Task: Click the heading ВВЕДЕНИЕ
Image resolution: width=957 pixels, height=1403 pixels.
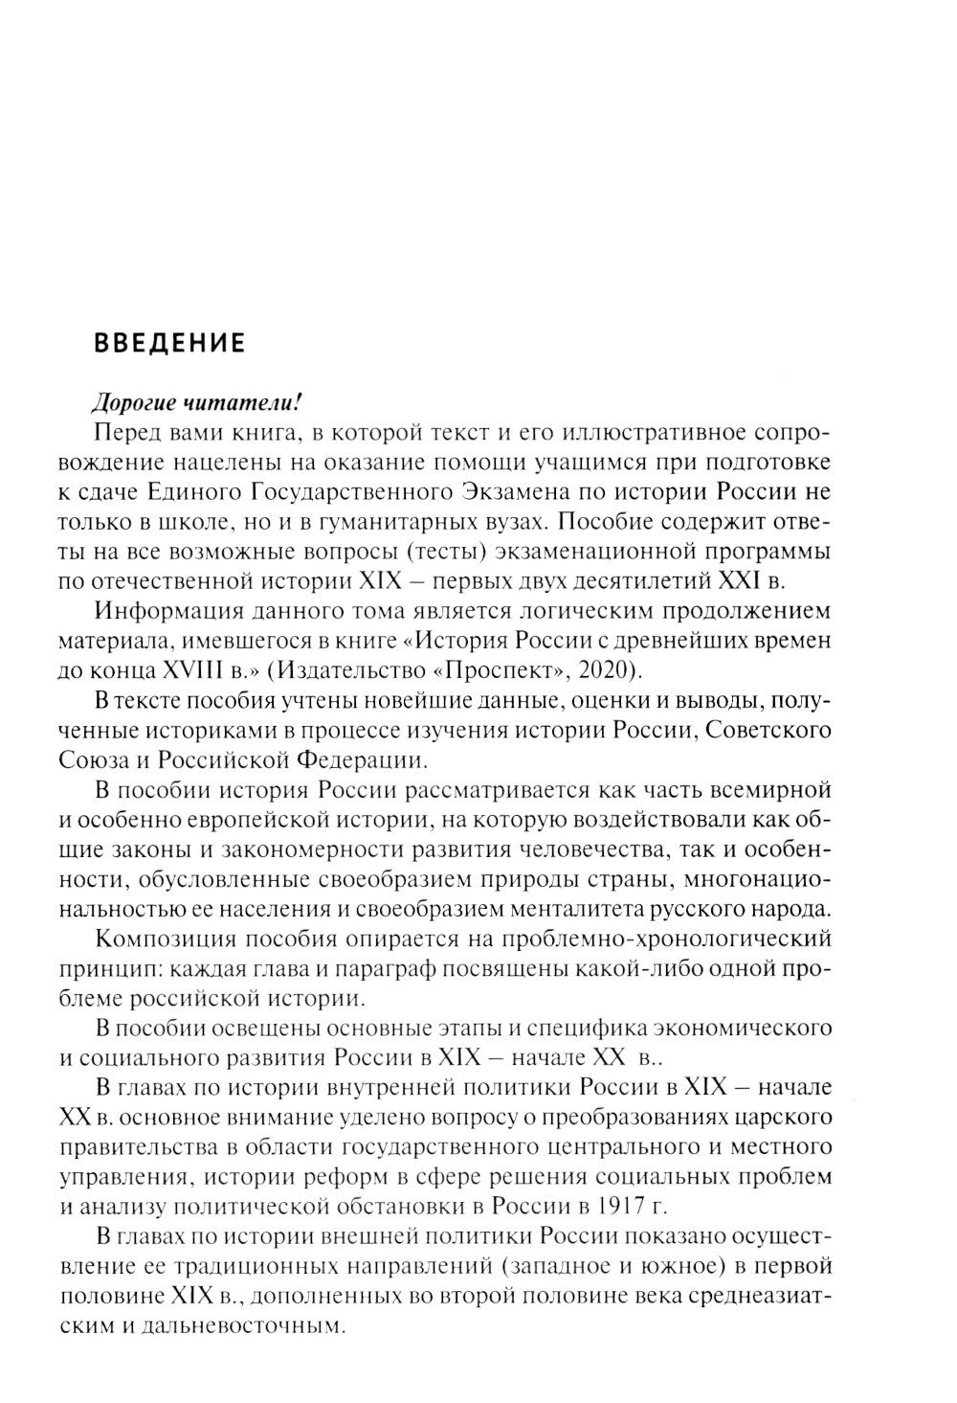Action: [168, 342]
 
